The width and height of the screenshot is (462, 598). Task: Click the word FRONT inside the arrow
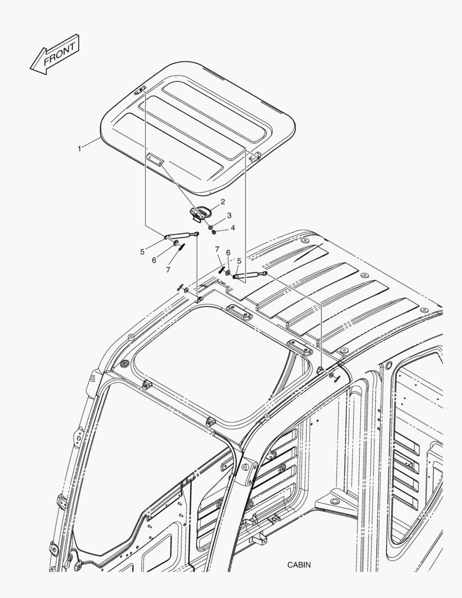coord(59,54)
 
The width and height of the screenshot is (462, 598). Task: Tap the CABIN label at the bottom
coord(299,565)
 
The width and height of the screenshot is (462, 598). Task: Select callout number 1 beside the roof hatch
coord(79,148)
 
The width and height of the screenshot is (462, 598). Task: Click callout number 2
coord(222,202)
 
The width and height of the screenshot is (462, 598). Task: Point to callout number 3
coord(229,215)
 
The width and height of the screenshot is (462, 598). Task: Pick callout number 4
coord(232,228)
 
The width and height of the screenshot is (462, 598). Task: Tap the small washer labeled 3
coord(210,228)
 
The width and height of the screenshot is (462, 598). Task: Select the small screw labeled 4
coord(214,231)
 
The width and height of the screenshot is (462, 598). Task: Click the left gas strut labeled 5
coord(181,236)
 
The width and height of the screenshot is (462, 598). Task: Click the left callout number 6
coord(154,260)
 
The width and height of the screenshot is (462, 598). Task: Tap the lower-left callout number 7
coord(168,270)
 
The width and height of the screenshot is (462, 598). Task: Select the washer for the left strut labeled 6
coord(176,243)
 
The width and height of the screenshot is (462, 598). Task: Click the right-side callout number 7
coord(217,249)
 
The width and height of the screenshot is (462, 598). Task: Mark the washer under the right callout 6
coord(227,272)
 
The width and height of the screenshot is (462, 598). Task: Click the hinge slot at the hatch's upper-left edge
coord(140,90)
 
